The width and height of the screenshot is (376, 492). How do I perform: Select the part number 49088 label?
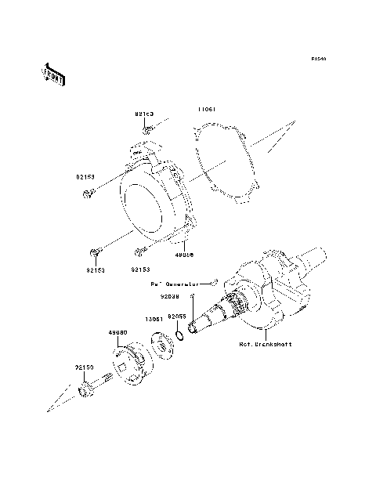[x=185, y=254]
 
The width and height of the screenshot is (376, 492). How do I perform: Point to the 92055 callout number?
[x=176, y=315]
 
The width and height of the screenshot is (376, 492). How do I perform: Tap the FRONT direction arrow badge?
[x=52, y=74]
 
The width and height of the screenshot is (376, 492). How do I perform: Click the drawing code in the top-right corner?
[x=317, y=59]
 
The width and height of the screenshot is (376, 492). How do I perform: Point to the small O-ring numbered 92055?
[x=179, y=337]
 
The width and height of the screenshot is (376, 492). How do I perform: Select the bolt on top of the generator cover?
[x=146, y=130]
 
